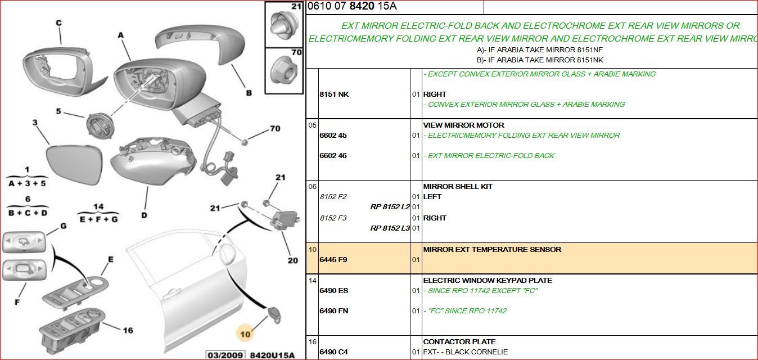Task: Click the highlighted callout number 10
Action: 245,334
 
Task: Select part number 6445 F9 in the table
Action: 333,260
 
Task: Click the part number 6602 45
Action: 333,136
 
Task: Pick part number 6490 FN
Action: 333,311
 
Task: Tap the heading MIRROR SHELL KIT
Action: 458,186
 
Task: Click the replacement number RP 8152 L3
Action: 390,228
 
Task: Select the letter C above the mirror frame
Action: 59,23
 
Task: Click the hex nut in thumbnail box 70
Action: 284,70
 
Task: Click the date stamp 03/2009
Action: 225,355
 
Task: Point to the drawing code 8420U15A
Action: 272,355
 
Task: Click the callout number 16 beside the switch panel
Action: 128,330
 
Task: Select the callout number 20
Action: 293,260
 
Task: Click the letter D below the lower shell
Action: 144,215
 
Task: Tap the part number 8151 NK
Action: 335,94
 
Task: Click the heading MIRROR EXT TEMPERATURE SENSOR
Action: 492,249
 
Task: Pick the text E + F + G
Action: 98,219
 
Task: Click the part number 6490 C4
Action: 333,352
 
